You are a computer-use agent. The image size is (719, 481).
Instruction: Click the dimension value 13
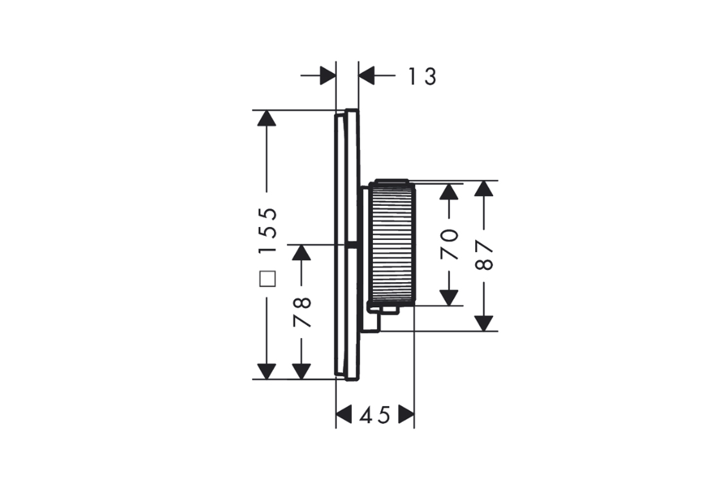[x=422, y=76]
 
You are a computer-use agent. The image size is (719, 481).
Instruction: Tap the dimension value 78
[x=302, y=312]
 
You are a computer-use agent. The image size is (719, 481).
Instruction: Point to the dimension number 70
[x=451, y=244]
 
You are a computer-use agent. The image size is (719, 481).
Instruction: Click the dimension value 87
[x=486, y=255]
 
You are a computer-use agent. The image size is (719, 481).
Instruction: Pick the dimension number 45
[x=375, y=416]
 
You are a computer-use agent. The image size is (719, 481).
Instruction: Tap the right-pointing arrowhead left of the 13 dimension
[x=327, y=76]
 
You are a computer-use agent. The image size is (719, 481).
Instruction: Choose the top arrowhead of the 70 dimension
[x=451, y=191]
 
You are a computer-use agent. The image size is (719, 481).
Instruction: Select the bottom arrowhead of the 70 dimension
[x=451, y=297]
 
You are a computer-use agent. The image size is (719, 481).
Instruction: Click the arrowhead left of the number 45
[x=345, y=415]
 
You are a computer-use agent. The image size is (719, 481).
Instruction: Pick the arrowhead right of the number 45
[x=406, y=415]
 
